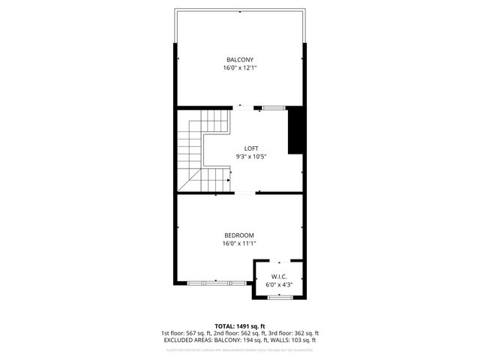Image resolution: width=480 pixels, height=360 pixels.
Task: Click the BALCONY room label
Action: point(240,59)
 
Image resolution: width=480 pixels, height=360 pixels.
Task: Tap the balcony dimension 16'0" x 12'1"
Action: point(240,67)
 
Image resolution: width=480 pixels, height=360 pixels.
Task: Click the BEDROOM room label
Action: point(240,235)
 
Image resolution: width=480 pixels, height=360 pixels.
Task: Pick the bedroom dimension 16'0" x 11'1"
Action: point(240,243)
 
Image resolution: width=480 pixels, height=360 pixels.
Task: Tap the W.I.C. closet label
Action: point(278,277)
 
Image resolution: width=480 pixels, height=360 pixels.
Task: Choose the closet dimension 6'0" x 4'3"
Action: point(278,285)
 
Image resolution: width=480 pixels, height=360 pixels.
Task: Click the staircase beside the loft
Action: point(196,150)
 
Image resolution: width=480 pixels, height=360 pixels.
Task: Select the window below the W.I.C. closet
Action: point(280,298)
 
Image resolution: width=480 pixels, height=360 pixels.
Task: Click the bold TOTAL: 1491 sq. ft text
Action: point(240,326)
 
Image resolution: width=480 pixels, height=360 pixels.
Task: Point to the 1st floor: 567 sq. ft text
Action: point(187,333)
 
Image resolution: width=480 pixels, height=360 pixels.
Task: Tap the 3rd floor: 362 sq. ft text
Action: point(292,333)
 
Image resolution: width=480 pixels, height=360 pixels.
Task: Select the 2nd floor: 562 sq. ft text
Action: point(239,333)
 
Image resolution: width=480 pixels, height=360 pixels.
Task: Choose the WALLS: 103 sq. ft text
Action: point(295,340)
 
